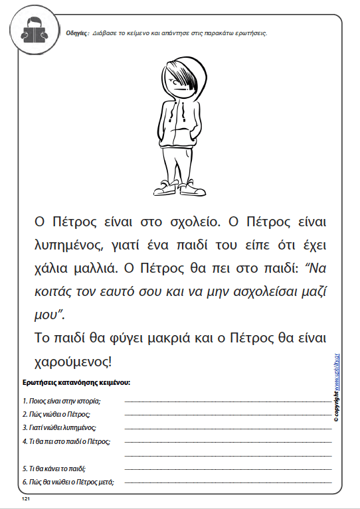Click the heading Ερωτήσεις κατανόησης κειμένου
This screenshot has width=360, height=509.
(x=76, y=383)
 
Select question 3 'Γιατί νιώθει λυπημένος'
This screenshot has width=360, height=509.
(x=59, y=427)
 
